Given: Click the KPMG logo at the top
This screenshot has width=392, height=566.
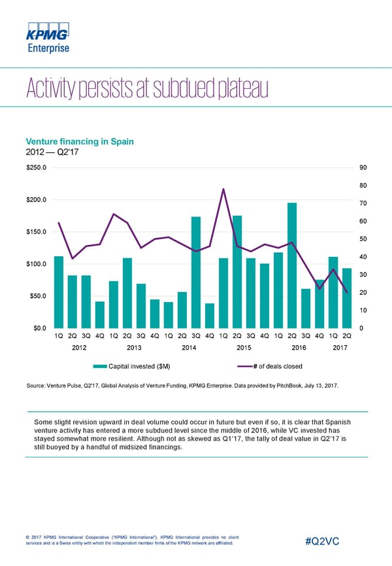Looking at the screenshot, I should click(x=47, y=32).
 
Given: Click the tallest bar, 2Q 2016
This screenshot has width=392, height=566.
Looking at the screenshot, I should click(x=292, y=265).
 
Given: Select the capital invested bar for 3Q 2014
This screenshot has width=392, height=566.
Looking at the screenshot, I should click(x=196, y=272).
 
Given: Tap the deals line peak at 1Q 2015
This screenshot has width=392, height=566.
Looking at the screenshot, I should click(x=223, y=189).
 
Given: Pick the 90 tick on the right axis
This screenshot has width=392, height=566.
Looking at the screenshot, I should click(x=364, y=167).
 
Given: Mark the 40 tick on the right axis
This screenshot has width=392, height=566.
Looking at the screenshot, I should click(x=364, y=256).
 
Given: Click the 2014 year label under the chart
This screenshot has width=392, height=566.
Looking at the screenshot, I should click(x=189, y=348).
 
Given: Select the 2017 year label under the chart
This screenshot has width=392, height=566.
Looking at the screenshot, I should click(x=340, y=348).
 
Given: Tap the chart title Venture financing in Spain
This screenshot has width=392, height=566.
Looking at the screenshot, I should click(x=79, y=142).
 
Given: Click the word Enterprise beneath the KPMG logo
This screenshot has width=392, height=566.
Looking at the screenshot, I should click(x=47, y=48).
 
